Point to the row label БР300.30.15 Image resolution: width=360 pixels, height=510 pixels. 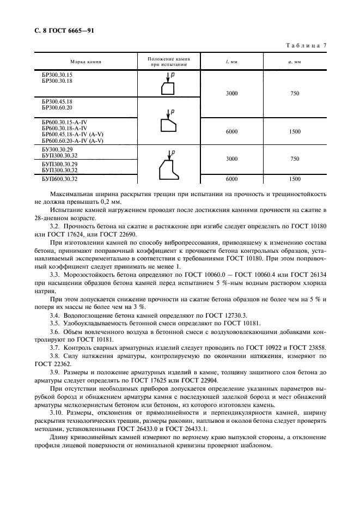point(57,74)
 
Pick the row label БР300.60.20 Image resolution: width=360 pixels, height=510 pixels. point(57,107)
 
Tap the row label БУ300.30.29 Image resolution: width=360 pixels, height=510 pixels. point(57,149)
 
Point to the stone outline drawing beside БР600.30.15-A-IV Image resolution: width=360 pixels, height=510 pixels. point(169,125)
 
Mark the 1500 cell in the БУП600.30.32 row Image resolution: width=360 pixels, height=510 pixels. point(295,179)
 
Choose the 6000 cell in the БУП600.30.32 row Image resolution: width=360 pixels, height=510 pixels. point(231,179)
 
